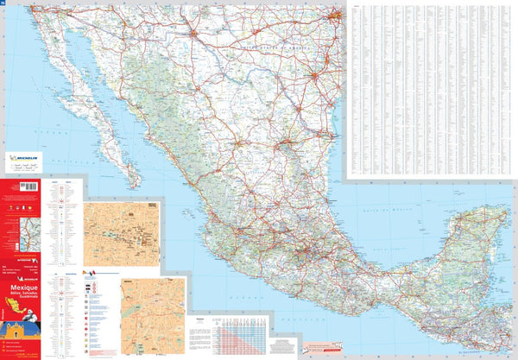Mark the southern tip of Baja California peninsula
[x=134, y=186]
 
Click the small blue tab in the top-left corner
[x=3, y=3]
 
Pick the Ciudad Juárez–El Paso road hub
[x=194, y=35]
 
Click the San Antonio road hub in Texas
[x=316, y=77]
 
